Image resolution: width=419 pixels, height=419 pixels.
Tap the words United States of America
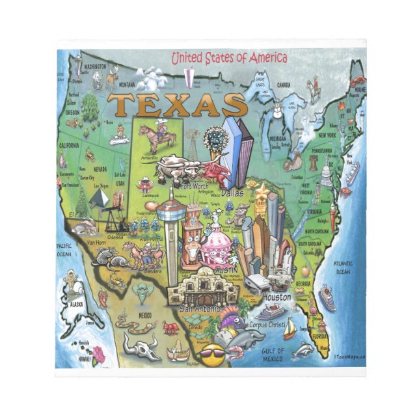point(229,59)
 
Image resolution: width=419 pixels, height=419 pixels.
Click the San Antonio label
point(200,308)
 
